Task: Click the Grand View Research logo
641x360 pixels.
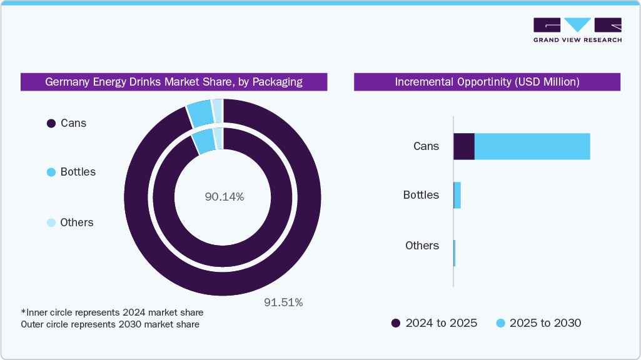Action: [x=577, y=29]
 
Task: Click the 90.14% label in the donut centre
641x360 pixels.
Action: [x=224, y=197]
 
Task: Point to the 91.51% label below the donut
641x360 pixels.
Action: [x=283, y=302]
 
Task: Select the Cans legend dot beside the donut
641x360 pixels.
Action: [x=51, y=124]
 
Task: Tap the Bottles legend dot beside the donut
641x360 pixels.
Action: [x=51, y=172]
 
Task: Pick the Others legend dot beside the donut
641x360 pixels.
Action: [x=51, y=222]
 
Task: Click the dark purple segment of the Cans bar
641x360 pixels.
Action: [x=464, y=146]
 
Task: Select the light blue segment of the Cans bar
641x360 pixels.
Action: [x=532, y=146]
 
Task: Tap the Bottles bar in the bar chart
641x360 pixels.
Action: [x=457, y=196]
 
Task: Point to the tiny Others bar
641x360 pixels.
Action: [x=455, y=252]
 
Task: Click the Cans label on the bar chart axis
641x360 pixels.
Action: [x=426, y=146]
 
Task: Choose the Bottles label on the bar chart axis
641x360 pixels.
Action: [x=421, y=195]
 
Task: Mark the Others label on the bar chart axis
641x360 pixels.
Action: [x=422, y=246]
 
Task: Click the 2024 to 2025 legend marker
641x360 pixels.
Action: [x=396, y=323]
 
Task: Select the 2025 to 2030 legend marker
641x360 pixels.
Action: [x=500, y=323]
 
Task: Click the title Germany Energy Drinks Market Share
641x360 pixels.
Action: [x=174, y=82]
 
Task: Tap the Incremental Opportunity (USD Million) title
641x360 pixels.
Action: [x=487, y=82]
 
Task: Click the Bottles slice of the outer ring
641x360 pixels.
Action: [x=200, y=112]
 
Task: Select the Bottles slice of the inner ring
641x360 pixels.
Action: [x=204, y=141]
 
